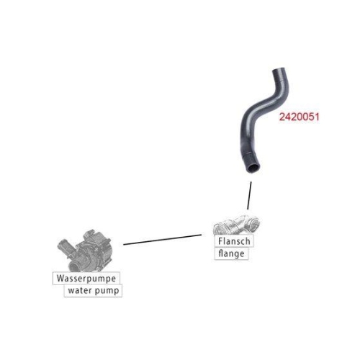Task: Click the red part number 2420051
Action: pyautogui.click(x=299, y=117)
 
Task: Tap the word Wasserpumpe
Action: pyautogui.click(x=86, y=279)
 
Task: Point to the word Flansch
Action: pyautogui.click(x=234, y=241)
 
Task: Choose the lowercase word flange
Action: pyautogui.click(x=231, y=254)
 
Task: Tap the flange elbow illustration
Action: pyautogui.click(x=236, y=225)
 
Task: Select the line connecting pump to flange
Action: pyautogui.click(x=162, y=240)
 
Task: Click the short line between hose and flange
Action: pyautogui.click(x=249, y=195)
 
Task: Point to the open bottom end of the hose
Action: pyautogui.click(x=253, y=168)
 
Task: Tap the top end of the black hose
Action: pyautogui.click(x=279, y=70)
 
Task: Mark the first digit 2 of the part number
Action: pyautogui.click(x=282, y=117)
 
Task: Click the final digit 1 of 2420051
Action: pyautogui.click(x=317, y=117)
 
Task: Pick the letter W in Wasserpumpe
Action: pyautogui.click(x=60, y=278)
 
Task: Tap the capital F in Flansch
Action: pyautogui.click(x=221, y=241)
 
